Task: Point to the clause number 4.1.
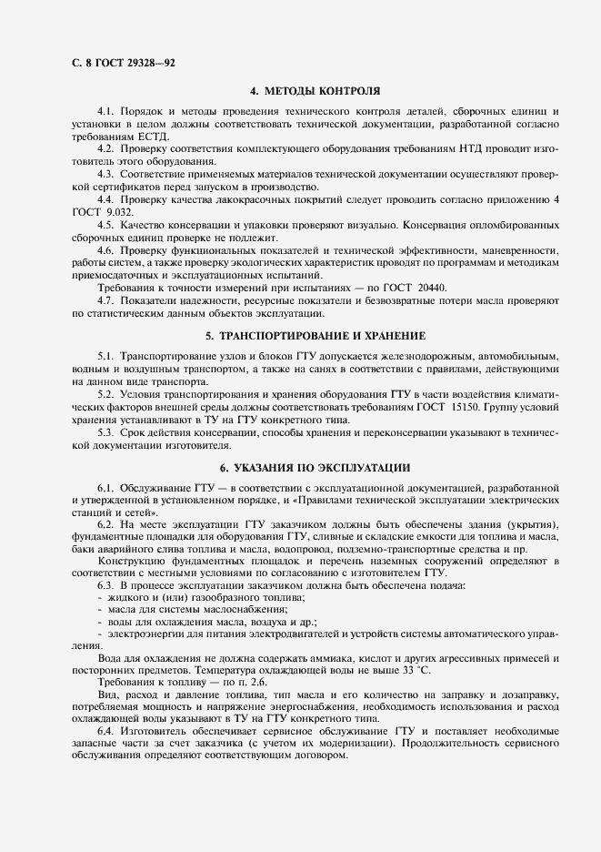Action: click(105, 111)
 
